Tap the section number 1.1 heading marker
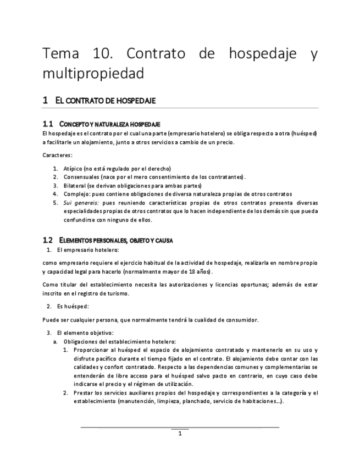[48, 124]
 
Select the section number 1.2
[48, 240]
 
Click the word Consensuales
[82, 177]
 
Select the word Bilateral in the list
[75, 185]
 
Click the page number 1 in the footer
[180, 433]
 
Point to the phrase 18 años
[200, 271]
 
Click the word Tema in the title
[61, 54]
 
